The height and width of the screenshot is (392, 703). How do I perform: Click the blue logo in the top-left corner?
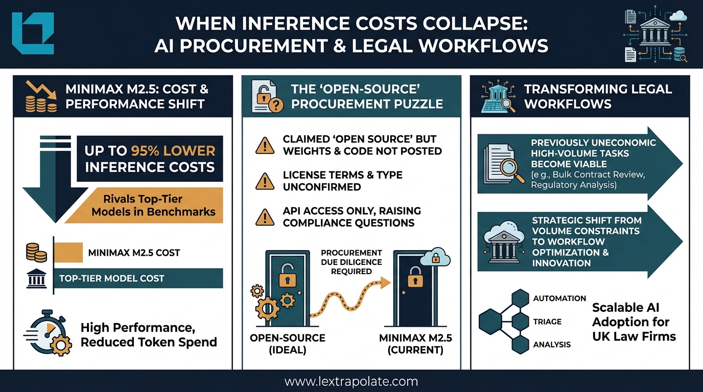33,33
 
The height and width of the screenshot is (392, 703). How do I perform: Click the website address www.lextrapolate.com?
351,381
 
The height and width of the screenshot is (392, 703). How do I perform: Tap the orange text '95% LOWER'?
173,151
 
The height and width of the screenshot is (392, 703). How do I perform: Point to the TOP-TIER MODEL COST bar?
138,278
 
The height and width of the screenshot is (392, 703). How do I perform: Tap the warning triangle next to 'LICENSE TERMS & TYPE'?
265,181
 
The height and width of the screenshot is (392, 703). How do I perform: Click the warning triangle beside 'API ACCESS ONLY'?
265,217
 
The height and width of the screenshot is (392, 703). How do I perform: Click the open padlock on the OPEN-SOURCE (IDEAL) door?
287,278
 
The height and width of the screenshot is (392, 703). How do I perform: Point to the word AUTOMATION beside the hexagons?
559,298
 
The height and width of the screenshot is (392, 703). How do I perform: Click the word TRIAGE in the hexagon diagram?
547,322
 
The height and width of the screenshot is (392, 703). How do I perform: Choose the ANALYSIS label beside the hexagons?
552,345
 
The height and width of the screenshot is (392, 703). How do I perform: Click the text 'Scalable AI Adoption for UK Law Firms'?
634,322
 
